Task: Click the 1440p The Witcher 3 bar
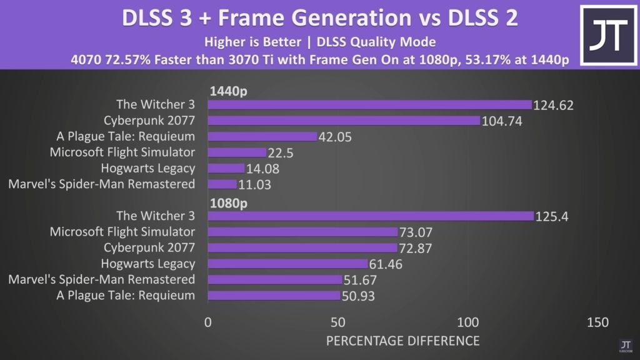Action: [369, 104]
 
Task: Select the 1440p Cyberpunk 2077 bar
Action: [343, 120]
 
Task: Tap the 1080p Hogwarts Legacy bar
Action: [287, 264]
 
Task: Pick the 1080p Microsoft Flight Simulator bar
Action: [302, 232]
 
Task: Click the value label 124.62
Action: [553, 105]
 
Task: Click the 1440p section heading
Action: [228, 91]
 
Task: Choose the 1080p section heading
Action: [228, 203]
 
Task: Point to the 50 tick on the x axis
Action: [338, 322]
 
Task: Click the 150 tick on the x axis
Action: [597, 322]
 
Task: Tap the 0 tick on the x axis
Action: [208, 322]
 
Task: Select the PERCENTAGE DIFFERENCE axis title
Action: [402, 341]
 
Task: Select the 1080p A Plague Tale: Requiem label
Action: [126, 295]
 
